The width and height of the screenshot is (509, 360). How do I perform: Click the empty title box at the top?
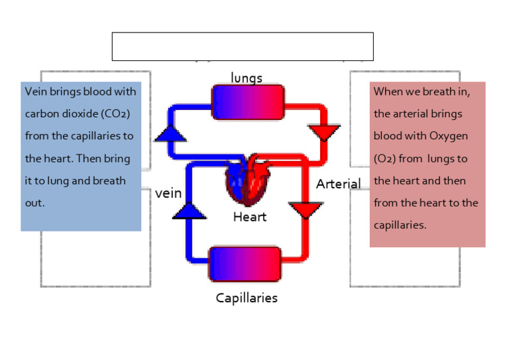(x=243, y=46)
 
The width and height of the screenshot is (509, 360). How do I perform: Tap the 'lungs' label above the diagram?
(x=247, y=78)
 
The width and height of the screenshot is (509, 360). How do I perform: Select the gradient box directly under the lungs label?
(x=247, y=102)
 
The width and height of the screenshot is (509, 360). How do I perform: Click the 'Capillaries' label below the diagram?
(x=247, y=298)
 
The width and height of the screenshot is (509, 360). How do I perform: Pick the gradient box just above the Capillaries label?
(x=245, y=263)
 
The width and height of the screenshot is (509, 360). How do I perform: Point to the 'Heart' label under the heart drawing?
(x=250, y=217)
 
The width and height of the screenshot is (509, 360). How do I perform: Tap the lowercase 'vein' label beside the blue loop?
(x=168, y=194)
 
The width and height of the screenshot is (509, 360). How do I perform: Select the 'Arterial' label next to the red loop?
(x=338, y=184)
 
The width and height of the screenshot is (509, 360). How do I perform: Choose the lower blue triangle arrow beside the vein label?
(x=190, y=210)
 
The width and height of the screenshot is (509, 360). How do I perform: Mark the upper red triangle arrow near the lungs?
(x=325, y=132)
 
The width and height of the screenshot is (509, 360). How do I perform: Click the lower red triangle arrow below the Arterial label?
(x=306, y=210)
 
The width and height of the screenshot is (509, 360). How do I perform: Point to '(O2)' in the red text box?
(x=386, y=158)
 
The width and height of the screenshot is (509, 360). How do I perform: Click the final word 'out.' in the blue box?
(x=35, y=203)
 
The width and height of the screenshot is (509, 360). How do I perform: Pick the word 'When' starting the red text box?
(x=388, y=91)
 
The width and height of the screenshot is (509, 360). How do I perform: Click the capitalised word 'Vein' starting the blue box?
(x=36, y=91)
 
